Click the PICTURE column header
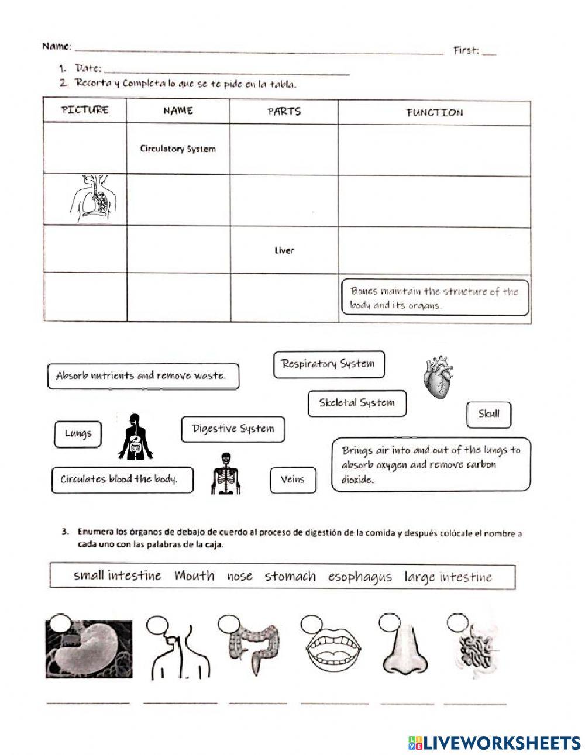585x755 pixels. point(85,110)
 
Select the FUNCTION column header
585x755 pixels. point(434,112)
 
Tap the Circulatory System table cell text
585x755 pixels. point(177,149)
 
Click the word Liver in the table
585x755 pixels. point(284,250)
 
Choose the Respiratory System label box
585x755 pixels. point(328,364)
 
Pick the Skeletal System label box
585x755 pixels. point(357,403)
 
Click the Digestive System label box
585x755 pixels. point(233,429)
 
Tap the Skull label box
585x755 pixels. point(488,414)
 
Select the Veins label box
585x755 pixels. point(292,480)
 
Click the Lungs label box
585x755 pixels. point(78,433)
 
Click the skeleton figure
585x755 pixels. point(224,473)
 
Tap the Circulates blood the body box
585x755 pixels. point(119,480)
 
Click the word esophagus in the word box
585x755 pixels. point(359,577)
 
